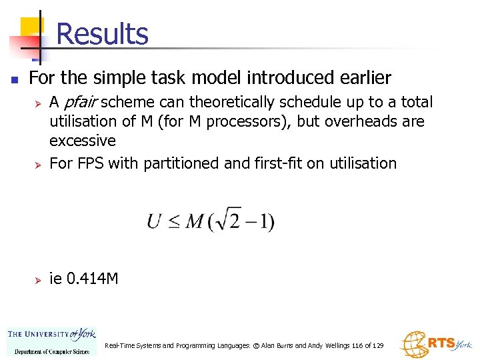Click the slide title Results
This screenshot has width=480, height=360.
click(102, 33)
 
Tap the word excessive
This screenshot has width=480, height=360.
click(83, 141)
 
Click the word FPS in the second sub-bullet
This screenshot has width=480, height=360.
click(90, 163)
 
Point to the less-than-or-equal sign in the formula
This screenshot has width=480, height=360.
click(173, 221)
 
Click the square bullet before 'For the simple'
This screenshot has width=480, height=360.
click(14, 79)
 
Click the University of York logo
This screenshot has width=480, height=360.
click(51, 341)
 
